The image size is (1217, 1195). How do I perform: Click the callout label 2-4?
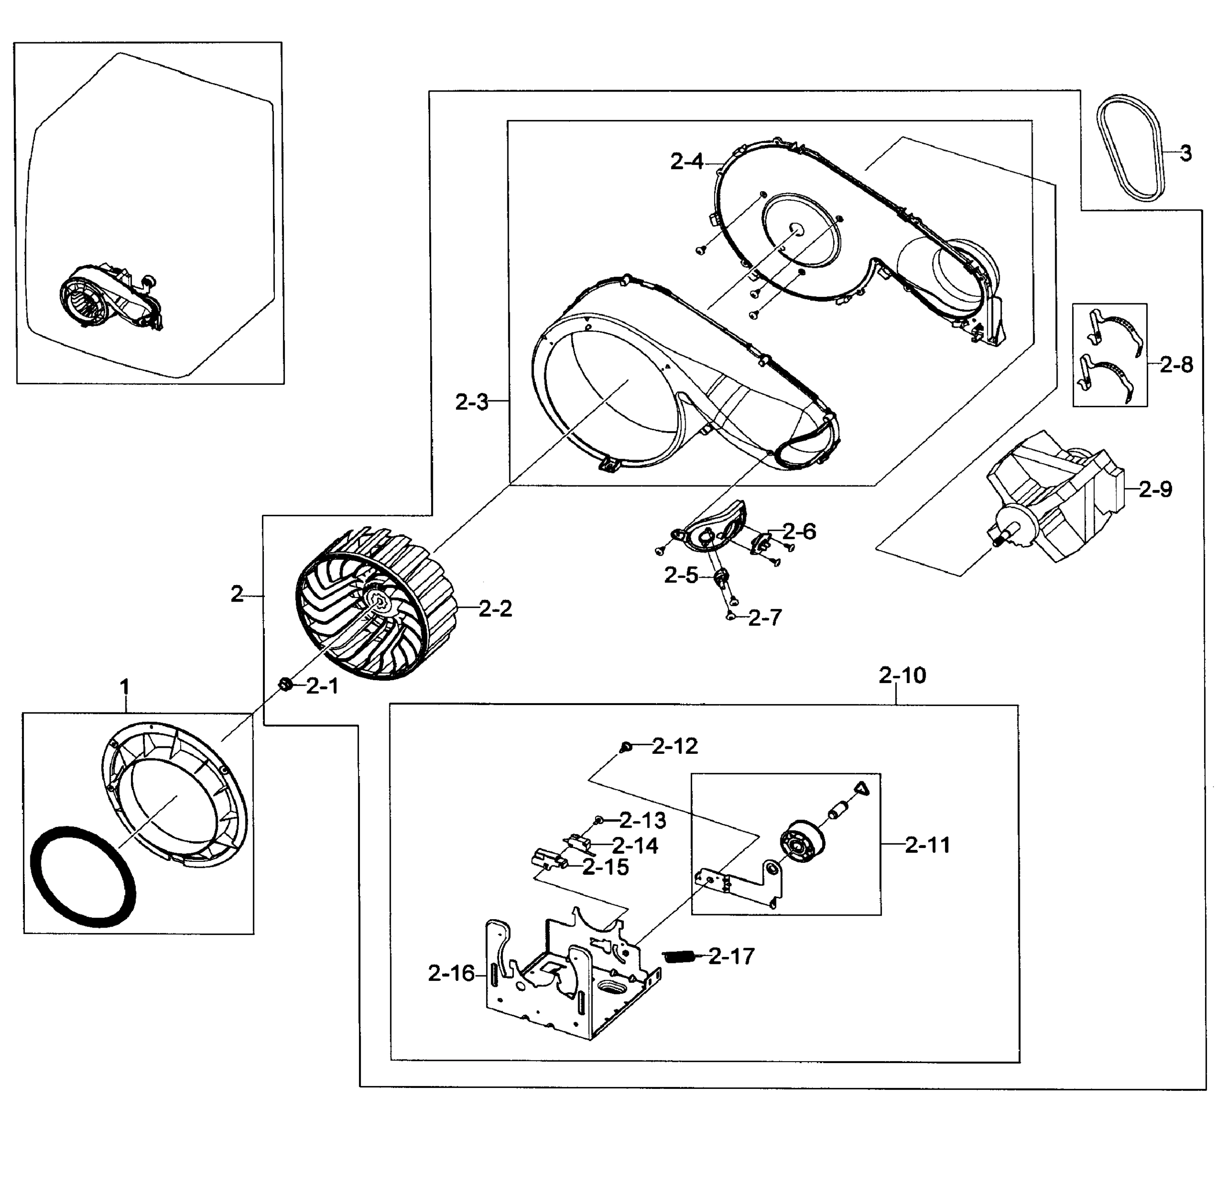click(x=687, y=162)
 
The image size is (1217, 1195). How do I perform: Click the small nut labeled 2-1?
click(x=284, y=684)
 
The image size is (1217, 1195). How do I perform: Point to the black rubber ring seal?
click(x=83, y=876)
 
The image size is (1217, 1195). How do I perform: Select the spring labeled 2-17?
click(x=679, y=956)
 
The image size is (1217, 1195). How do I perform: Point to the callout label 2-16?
click(x=451, y=973)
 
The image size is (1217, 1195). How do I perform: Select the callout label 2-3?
click(x=472, y=402)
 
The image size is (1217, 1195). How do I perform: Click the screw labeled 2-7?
click(x=731, y=617)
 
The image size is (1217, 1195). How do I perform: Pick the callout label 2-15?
click(x=605, y=867)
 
